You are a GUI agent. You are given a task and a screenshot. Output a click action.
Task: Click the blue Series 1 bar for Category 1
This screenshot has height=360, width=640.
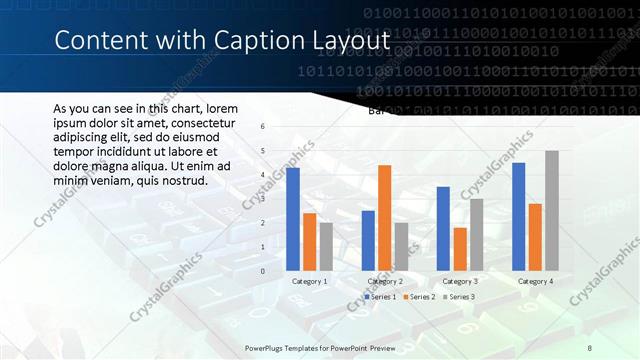pyautogui.click(x=293, y=219)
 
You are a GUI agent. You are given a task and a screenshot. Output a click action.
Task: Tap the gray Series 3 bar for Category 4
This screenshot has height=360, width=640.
pyautogui.click(x=551, y=210)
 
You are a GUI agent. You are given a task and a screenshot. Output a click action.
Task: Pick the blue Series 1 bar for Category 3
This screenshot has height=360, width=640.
pyautogui.click(x=443, y=228)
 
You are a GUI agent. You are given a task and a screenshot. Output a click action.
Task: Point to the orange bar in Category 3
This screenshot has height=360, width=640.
pyautogui.click(x=459, y=249)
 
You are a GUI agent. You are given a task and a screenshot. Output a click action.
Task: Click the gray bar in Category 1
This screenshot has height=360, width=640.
pyautogui.click(x=326, y=246)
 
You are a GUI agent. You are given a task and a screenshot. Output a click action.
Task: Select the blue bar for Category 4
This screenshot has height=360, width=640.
pyautogui.click(x=518, y=216)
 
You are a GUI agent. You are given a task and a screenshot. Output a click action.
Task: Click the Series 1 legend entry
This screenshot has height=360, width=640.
pyautogui.click(x=380, y=297)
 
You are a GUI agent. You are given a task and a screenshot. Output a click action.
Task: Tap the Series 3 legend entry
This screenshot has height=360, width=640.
pyautogui.click(x=458, y=297)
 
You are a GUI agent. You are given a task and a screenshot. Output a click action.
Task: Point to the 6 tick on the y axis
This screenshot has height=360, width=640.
pyautogui.click(x=262, y=127)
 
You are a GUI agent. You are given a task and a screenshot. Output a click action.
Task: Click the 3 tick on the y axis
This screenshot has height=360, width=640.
pyautogui.click(x=262, y=199)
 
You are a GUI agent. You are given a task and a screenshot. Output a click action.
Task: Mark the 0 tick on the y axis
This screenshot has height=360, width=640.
pyautogui.click(x=262, y=271)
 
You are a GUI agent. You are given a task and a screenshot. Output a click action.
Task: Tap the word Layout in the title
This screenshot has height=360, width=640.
pyautogui.click(x=352, y=41)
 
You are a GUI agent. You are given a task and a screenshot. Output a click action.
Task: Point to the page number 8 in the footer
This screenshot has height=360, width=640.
pyautogui.click(x=589, y=346)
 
